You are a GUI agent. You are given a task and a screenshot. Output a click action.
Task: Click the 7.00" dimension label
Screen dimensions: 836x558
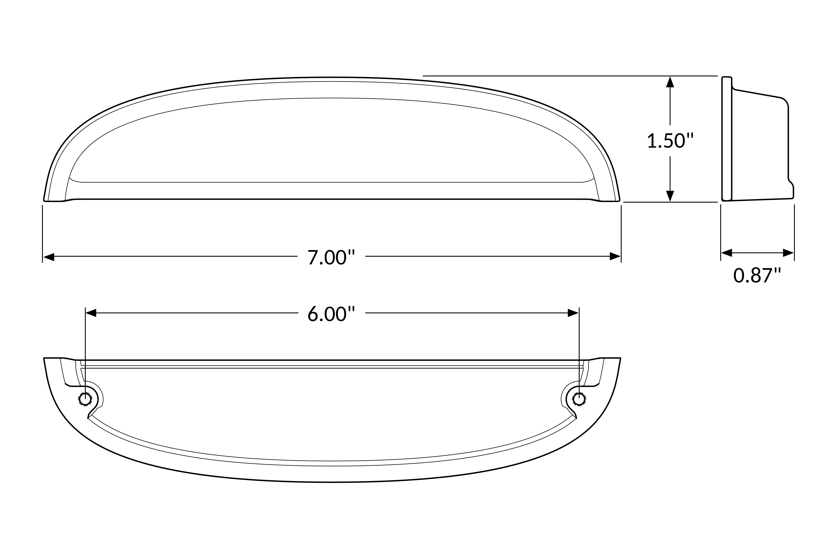click(331, 257)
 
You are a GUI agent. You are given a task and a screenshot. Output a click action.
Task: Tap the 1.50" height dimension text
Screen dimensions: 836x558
click(670, 141)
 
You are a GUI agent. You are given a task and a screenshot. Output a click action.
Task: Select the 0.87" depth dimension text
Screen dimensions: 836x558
click(757, 275)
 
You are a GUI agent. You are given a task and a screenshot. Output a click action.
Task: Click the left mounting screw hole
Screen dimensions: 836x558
click(85, 399)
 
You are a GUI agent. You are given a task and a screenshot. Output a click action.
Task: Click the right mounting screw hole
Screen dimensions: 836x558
click(579, 399)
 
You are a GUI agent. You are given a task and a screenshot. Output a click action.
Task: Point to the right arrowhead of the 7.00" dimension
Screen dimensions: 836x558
click(615, 256)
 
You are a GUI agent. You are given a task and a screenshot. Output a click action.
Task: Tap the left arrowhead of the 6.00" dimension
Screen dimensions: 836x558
click(91, 313)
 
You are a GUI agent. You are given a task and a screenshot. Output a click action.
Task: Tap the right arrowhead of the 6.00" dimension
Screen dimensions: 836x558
click(573, 313)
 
